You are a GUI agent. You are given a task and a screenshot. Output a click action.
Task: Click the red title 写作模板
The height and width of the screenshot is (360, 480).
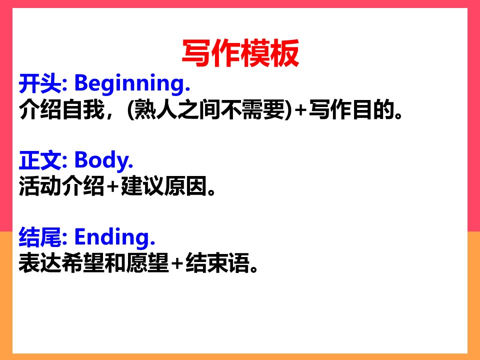click(x=240, y=53)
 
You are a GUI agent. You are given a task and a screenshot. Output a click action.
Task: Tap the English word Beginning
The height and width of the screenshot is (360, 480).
click(x=132, y=83)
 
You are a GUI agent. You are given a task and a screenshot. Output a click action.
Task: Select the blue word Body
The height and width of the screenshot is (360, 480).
click(x=104, y=160)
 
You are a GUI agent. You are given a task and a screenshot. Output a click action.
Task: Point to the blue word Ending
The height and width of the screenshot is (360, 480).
click(x=115, y=237)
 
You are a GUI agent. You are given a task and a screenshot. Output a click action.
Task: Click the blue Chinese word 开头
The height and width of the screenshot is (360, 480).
click(x=40, y=83)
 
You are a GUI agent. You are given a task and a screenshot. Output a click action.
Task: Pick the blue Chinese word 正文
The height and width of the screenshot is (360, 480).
click(x=40, y=160)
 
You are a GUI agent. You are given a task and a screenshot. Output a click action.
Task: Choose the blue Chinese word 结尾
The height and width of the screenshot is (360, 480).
click(x=40, y=237)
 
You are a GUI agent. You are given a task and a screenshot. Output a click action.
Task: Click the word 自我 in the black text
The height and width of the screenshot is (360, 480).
click(x=83, y=109)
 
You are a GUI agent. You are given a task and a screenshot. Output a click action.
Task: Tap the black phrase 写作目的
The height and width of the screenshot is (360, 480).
click(x=351, y=109)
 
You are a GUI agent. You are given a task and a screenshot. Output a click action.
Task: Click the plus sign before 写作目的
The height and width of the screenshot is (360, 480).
click(x=301, y=110)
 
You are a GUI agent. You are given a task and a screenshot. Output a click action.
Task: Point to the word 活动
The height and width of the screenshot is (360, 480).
click(x=40, y=186)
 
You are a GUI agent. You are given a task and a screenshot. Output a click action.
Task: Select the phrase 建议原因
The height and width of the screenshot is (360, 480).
click(x=164, y=186)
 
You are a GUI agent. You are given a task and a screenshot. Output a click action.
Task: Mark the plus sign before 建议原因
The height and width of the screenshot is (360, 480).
click(x=113, y=186)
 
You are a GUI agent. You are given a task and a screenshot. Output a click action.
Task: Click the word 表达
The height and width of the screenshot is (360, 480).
click(x=40, y=263)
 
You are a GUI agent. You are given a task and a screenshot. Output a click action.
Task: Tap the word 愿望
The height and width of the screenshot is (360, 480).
click(x=147, y=263)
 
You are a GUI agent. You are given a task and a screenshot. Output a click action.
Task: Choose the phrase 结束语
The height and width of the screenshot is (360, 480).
click(x=217, y=263)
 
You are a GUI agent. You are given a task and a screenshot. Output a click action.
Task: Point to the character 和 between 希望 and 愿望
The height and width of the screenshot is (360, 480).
click(x=115, y=263)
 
